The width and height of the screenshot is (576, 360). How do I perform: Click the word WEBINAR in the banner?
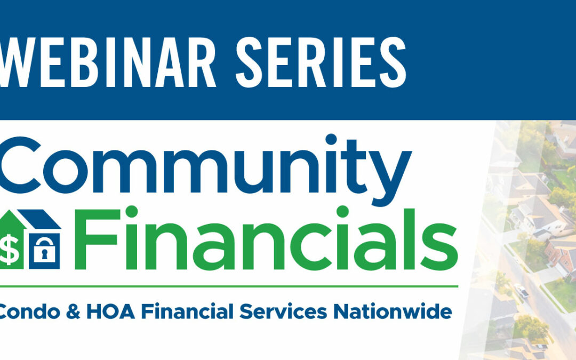(x=107, y=62)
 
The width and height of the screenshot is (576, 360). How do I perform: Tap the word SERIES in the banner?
(x=321, y=62)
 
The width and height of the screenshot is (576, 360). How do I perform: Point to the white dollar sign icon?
(x=9, y=250)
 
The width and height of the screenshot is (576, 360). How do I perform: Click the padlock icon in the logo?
(x=44, y=250)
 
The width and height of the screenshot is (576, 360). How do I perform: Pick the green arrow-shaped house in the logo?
(x=12, y=239)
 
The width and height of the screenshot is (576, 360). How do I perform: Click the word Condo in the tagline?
(x=29, y=312)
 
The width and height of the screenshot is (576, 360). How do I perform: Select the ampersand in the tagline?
(x=73, y=311)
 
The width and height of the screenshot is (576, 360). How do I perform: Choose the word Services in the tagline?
(x=283, y=311)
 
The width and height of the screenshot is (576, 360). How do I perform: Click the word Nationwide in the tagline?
(x=393, y=311)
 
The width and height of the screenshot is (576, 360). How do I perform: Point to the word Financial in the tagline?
(x=187, y=311)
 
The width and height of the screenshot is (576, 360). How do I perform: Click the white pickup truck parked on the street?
(x=521, y=291)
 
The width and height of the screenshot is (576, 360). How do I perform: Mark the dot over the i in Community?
(x=331, y=140)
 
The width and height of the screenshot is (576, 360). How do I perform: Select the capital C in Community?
(x=20, y=165)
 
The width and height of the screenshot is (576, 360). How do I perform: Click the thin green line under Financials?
(x=229, y=286)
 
